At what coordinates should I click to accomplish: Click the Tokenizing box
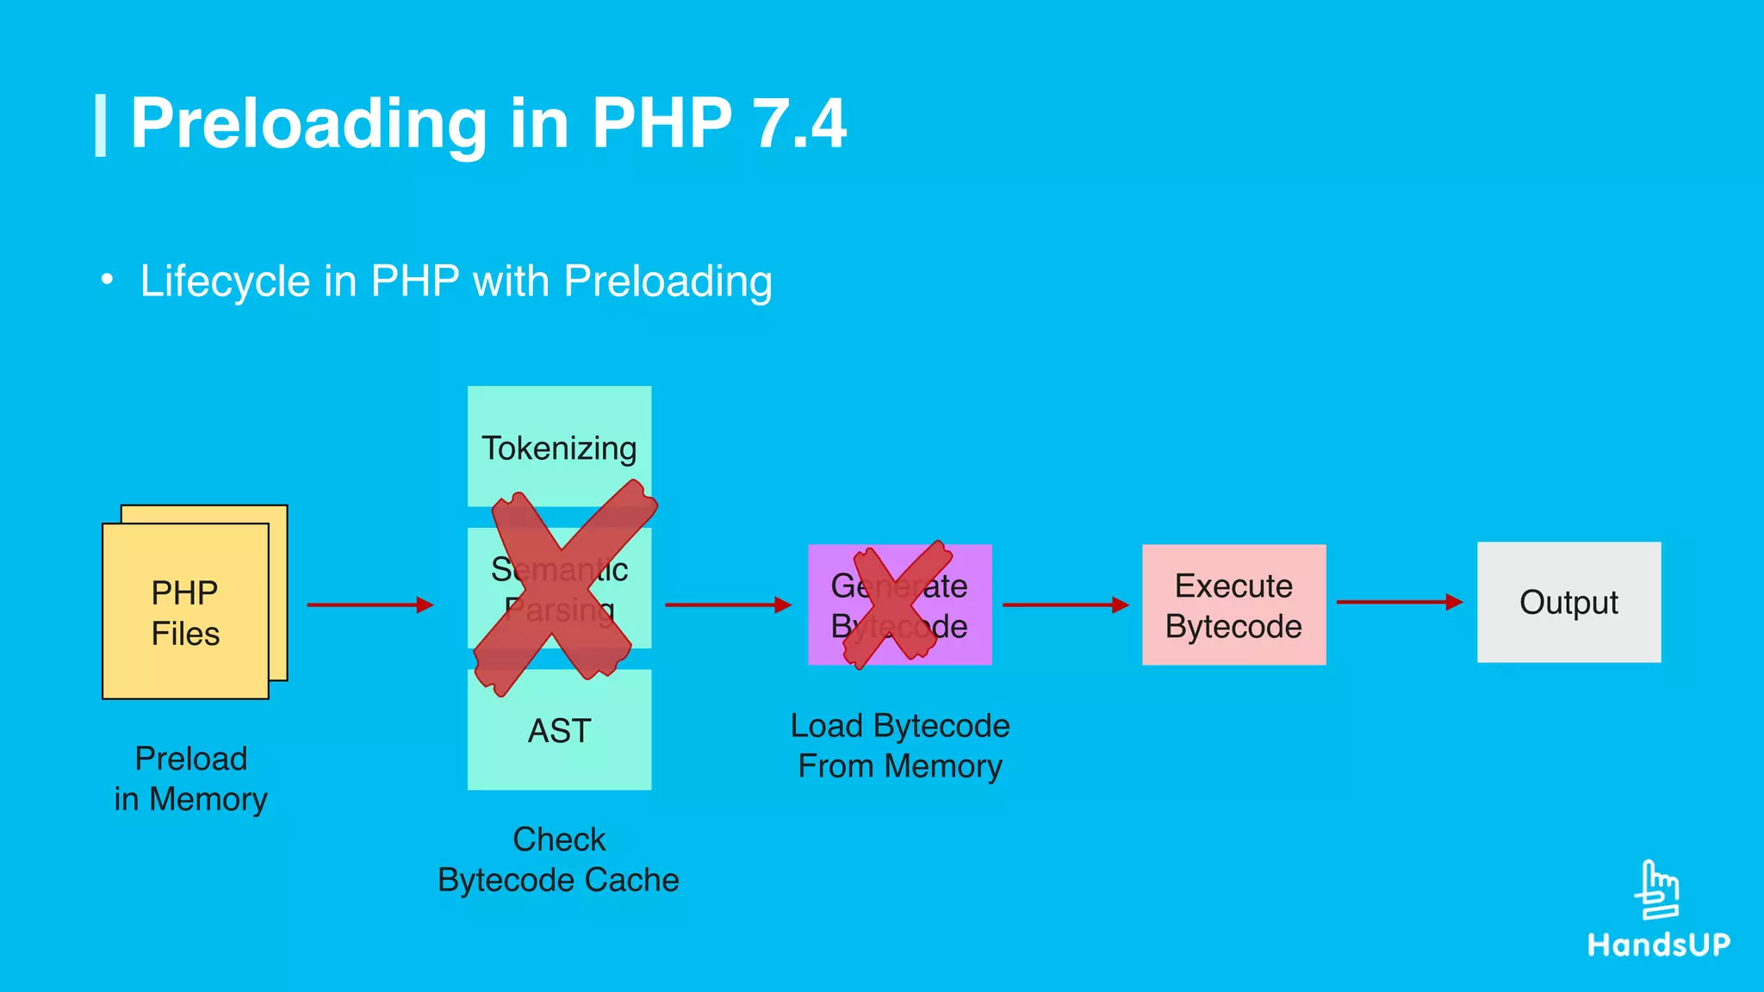pyautogui.click(x=559, y=446)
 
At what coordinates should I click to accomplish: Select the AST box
pyautogui.click(x=559, y=729)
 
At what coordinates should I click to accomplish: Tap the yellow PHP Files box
pyautogui.click(x=185, y=611)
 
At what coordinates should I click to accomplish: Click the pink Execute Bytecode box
pyautogui.click(x=1233, y=604)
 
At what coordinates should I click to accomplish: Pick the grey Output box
pyautogui.click(x=1568, y=602)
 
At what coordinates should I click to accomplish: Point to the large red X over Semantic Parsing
pyautogui.click(x=564, y=589)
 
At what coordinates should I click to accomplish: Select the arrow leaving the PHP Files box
pyautogui.click(x=370, y=605)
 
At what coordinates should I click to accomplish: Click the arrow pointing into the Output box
pyautogui.click(x=1399, y=602)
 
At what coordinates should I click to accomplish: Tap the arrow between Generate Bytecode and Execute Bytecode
pyautogui.click(x=1065, y=605)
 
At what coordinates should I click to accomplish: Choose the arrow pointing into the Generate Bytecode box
pyautogui.click(x=728, y=605)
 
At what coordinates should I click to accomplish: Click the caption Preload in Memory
pyautogui.click(x=190, y=778)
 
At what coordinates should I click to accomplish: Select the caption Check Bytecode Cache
pyautogui.click(x=558, y=859)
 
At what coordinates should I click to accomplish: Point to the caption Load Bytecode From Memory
pyautogui.click(x=899, y=746)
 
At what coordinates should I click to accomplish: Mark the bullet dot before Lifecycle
pyautogui.click(x=107, y=280)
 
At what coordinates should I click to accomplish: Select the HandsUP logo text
pyautogui.click(x=1658, y=945)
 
